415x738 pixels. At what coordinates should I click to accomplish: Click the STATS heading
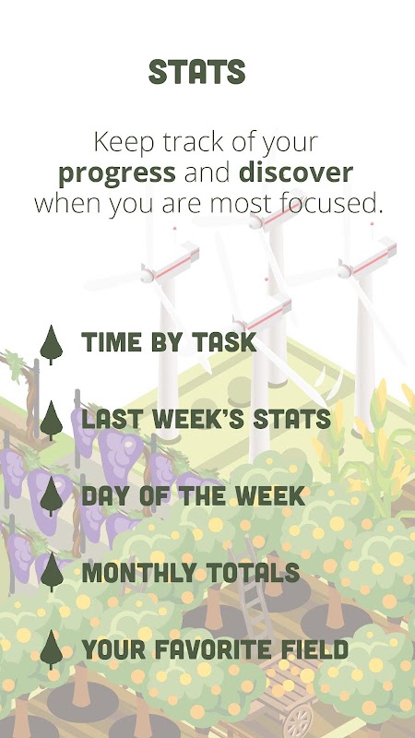[x=197, y=72]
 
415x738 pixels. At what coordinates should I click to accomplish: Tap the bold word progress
[x=117, y=173]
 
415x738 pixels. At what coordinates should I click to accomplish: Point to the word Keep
[x=121, y=143]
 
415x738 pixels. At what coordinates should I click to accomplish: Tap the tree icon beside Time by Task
[x=52, y=344]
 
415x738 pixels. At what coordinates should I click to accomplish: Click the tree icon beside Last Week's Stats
[x=52, y=421]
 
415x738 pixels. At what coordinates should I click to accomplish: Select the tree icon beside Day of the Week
[x=52, y=496]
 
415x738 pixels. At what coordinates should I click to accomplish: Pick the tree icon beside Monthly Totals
[x=52, y=572]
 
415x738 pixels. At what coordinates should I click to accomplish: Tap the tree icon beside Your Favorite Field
[x=52, y=650]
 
